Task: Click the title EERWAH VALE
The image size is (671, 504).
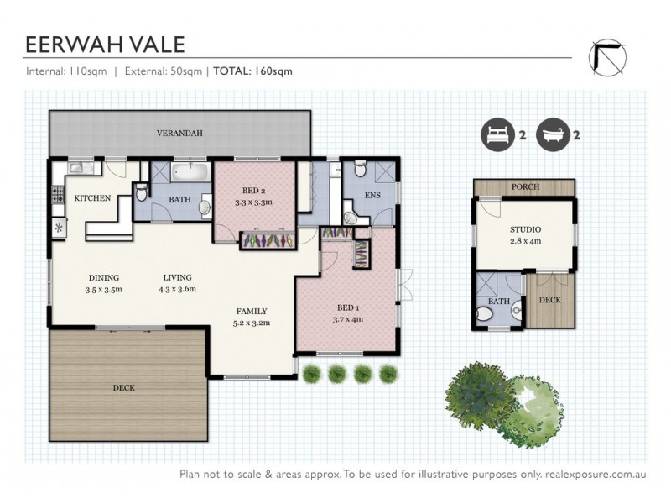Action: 105,44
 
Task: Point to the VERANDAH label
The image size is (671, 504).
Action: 180,134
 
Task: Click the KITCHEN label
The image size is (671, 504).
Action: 93,198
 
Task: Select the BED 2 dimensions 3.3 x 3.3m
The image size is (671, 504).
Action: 254,203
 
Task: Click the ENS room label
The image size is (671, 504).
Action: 373,196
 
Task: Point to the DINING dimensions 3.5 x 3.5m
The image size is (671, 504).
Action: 104,290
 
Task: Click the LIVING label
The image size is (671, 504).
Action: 176,278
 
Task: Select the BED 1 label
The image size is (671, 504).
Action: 346,307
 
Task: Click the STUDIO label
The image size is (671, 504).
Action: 525,229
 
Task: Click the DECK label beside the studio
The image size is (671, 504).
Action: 549,299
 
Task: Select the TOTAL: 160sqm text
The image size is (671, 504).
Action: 252,71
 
